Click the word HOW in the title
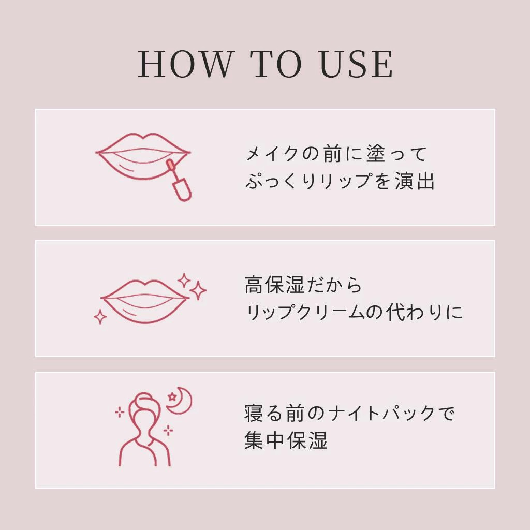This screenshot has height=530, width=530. point(186,64)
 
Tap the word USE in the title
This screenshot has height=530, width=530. point(357,64)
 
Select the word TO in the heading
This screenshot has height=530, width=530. point(276,64)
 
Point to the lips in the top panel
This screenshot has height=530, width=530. point(143,156)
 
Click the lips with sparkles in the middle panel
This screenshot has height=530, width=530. point(144,301)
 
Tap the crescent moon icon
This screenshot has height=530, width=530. point(181,401)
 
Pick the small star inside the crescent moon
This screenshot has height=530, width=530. point(172,396)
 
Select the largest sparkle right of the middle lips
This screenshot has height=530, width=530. point(198,290)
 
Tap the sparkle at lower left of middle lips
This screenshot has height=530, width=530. point(100,317)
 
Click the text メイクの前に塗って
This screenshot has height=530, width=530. point(336,154)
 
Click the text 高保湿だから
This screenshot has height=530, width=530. point(303,285)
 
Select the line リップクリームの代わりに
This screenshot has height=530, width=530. point(354,312)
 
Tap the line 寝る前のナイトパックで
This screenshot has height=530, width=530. point(349,413)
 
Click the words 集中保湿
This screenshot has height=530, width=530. point(286,440)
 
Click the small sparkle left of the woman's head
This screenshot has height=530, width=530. point(120,412)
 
